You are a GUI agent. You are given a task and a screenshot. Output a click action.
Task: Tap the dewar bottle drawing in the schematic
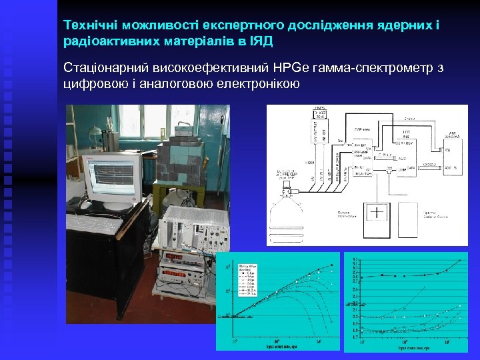287,217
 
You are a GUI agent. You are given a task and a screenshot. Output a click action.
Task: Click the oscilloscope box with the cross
377,213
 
